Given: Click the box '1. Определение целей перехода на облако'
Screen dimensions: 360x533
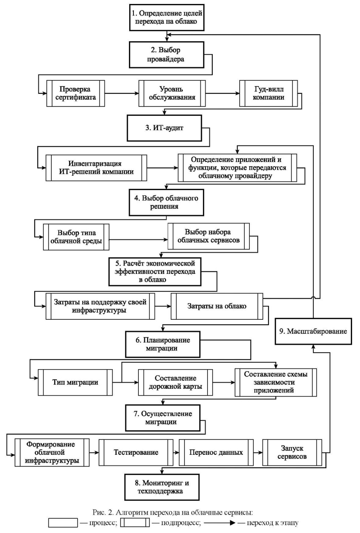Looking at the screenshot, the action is click(167, 17).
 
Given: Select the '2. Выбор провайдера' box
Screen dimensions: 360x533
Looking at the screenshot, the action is click(167, 55).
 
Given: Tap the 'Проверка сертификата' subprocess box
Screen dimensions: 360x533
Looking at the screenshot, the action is click(75, 93).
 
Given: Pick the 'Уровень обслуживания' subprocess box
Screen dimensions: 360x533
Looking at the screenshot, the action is click(172, 93).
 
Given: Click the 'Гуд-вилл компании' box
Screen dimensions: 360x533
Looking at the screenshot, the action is click(268, 93).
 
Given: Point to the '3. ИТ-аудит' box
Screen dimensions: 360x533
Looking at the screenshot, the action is click(164, 128).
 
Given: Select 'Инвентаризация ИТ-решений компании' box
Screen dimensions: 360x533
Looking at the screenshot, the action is click(96, 168).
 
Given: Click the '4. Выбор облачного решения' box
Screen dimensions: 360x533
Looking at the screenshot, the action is click(166, 202).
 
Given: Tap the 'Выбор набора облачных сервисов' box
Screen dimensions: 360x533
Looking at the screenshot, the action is click(208, 236).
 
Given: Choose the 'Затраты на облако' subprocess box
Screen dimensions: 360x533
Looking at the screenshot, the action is click(217, 306).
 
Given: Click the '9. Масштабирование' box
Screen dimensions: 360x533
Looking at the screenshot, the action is click(313, 331).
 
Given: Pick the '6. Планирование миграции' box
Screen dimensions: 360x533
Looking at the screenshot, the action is click(163, 344).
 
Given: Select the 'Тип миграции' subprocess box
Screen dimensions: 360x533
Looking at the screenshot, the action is click(75, 382).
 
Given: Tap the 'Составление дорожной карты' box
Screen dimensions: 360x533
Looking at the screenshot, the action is click(175, 382).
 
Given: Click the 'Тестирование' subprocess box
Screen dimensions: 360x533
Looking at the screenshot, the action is click(136, 452).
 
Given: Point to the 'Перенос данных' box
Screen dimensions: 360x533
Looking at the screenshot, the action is click(216, 452).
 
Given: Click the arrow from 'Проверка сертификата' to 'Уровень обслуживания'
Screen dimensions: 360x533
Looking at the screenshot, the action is click(122, 93).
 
